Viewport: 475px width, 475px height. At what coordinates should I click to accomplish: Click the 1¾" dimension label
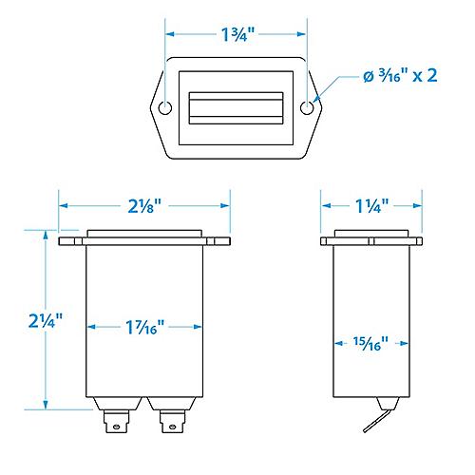click(x=237, y=34)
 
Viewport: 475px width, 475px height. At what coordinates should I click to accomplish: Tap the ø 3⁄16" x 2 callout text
click(x=400, y=76)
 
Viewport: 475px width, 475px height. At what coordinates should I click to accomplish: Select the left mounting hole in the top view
click(x=165, y=108)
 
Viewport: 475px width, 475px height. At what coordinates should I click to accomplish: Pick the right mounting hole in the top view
click(x=307, y=108)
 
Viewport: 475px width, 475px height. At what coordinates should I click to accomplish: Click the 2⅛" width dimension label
click(x=144, y=206)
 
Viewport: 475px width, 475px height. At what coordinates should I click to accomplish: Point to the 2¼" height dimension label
click(x=46, y=320)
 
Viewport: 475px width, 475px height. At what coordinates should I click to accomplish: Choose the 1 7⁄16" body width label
click(x=145, y=327)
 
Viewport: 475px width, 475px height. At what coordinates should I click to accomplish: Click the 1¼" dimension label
click(x=371, y=206)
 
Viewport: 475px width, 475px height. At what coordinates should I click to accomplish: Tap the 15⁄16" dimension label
click(x=370, y=344)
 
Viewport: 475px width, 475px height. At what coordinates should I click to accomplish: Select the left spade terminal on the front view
click(x=117, y=422)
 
